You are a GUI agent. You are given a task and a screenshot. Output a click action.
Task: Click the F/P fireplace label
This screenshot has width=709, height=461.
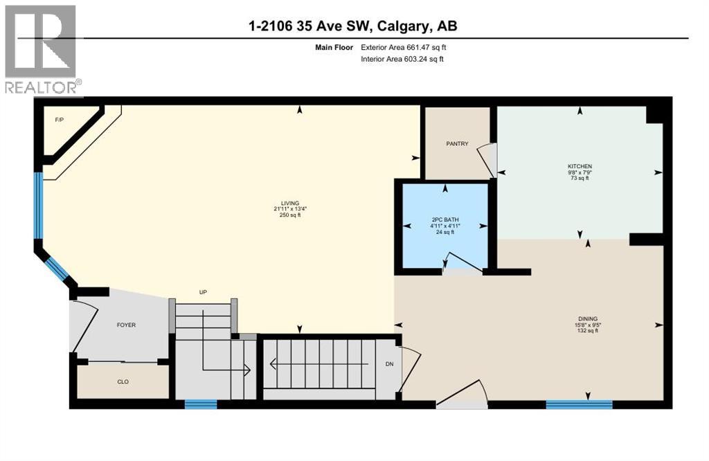[59, 120]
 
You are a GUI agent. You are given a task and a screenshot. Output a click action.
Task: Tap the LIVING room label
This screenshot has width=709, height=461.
[280, 202]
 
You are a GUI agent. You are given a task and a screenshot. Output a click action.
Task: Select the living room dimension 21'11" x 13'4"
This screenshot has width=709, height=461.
[280, 209]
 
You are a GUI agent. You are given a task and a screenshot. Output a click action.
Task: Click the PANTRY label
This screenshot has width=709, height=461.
[457, 144]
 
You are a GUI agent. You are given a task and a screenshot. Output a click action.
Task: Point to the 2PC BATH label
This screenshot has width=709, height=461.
[445, 219]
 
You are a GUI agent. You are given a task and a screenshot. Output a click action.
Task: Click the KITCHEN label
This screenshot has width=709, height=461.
[580, 166]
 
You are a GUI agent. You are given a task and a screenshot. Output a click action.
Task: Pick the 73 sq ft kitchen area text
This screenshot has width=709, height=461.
[580, 179]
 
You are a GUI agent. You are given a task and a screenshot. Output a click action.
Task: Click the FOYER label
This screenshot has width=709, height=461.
[125, 325]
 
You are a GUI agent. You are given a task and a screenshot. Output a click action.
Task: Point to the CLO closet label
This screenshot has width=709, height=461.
[123, 381]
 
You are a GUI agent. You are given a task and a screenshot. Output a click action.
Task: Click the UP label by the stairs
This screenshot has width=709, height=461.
[203, 292]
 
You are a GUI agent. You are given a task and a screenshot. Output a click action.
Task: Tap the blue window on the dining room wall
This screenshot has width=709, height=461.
[579, 404]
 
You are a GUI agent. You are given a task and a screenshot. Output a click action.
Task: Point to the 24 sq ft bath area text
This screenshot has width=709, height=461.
[445, 233]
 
